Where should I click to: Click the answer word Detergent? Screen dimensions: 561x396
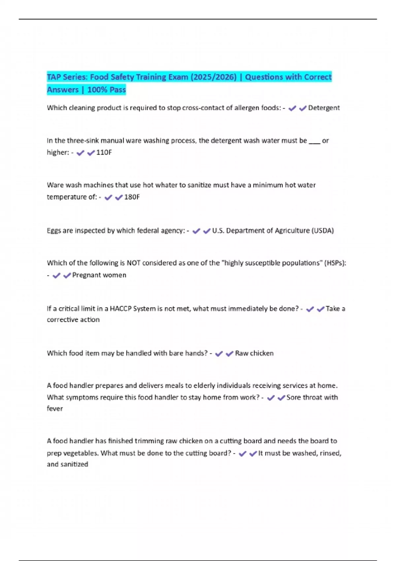pos(324,108)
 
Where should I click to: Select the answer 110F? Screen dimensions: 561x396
pos(104,152)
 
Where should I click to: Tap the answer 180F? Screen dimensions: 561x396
pos(132,197)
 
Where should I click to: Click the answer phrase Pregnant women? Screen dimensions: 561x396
pos(99,275)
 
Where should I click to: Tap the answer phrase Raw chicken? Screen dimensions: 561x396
pos(254,353)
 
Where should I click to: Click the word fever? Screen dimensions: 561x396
pos(55,409)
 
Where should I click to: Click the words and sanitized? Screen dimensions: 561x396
pos(67,464)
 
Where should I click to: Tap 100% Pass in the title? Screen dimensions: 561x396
pos(106,90)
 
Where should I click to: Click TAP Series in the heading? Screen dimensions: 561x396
pos(67,77)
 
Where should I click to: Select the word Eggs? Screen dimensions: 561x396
pos(53,231)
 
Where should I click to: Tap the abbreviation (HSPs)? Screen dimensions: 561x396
pos(335,263)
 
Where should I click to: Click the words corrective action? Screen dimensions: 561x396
pos(73,320)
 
